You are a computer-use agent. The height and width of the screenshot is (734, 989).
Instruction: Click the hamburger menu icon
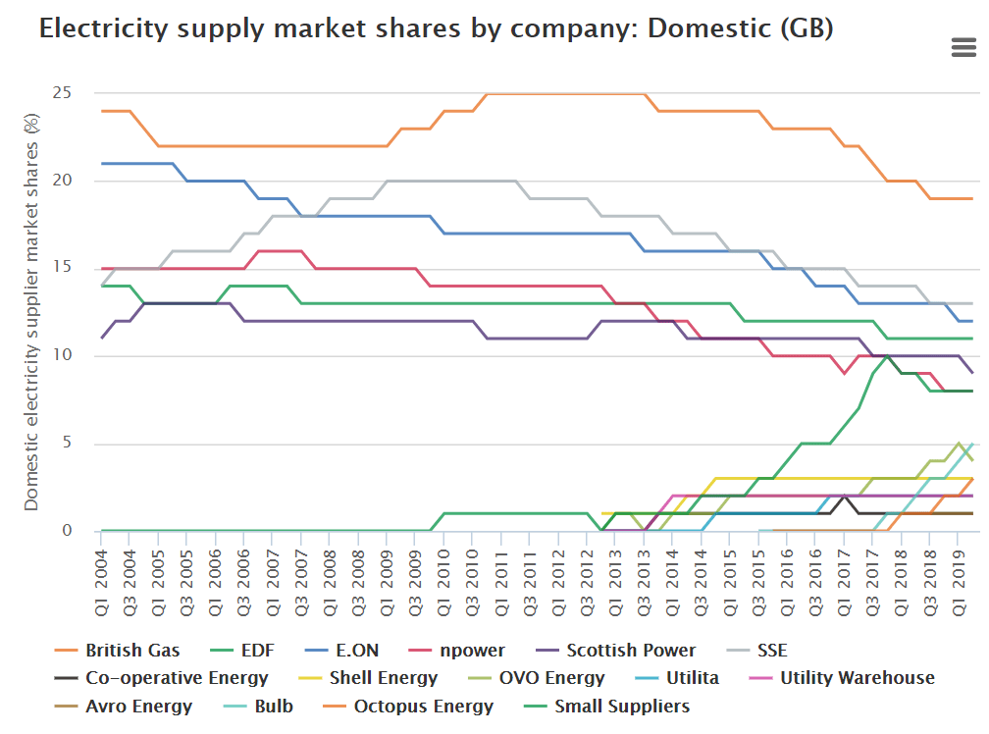[963, 47]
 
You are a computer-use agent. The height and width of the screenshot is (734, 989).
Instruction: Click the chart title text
[436, 28]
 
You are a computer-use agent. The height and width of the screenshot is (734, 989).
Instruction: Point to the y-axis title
[31, 311]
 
